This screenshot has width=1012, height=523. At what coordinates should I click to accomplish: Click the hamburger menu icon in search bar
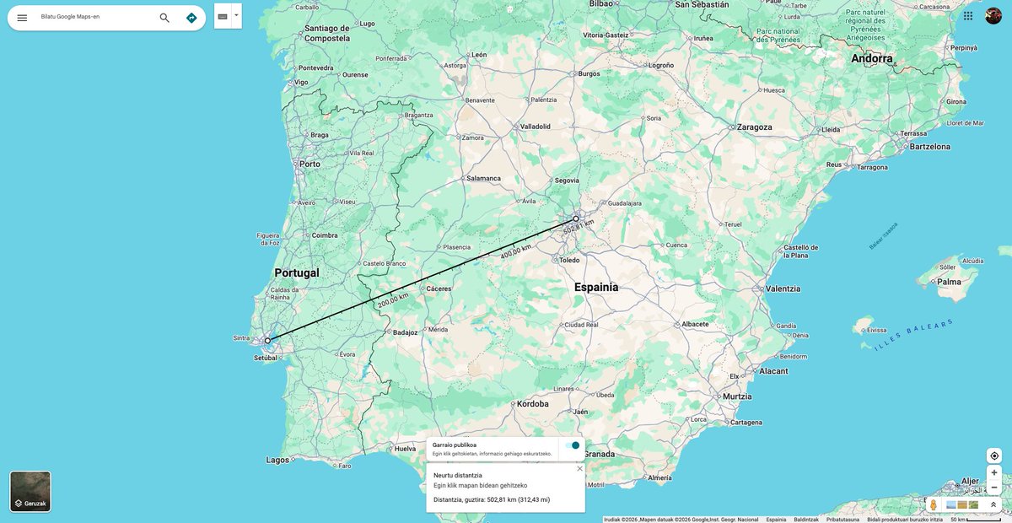click(22, 18)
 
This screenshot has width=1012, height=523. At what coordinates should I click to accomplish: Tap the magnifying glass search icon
click(164, 18)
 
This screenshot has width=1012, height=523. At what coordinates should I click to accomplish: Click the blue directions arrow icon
click(191, 18)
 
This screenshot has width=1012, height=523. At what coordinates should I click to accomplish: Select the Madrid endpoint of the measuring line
click(576, 218)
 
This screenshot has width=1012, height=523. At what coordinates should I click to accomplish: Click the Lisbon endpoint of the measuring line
click(267, 341)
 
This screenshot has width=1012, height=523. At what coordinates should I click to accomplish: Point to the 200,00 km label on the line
click(393, 299)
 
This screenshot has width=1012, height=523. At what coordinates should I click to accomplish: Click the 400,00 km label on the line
click(515, 251)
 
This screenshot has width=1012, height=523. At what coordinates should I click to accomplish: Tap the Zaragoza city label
click(754, 127)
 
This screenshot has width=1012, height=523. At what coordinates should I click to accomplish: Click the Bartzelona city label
click(929, 147)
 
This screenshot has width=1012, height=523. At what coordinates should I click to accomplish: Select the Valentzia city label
click(783, 288)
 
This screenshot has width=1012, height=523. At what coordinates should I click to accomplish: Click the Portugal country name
click(297, 273)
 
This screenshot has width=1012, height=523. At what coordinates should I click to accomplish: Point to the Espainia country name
click(596, 287)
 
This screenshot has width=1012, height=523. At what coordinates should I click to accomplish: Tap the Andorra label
click(872, 59)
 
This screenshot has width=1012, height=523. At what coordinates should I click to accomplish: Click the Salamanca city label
click(483, 178)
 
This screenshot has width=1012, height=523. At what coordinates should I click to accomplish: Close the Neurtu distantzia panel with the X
click(579, 469)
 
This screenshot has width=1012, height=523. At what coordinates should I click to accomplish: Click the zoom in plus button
click(993, 472)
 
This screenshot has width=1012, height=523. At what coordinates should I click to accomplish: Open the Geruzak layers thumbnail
click(30, 491)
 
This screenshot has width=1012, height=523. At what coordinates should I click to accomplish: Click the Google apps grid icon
click(968, 16)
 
